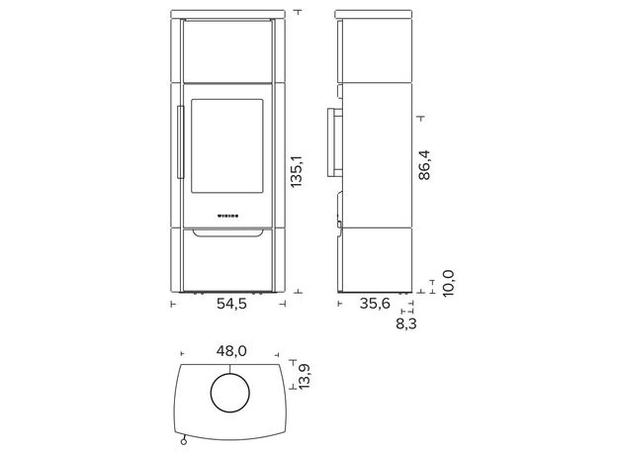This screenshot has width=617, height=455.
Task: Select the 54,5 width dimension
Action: click(231, 304)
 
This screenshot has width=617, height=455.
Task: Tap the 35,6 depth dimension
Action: click(375, 304)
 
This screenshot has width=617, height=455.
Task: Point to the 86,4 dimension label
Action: click(424, 165)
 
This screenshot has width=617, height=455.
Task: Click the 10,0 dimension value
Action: click(448, 284)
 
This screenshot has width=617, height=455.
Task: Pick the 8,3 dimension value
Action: click(406, 323)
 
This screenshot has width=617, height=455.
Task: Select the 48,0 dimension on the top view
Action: click(231, 351)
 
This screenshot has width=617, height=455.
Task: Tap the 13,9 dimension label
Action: click(305, 377)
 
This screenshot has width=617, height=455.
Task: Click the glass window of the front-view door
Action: click(227, 146)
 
